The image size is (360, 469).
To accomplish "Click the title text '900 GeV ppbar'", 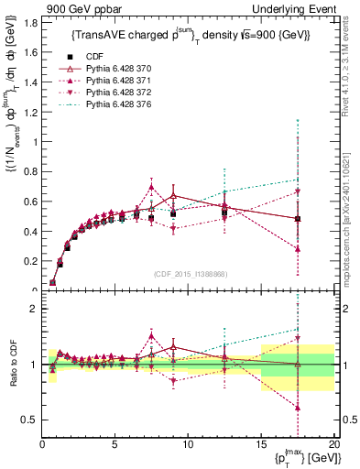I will pyautogui.click(x=76, y=8).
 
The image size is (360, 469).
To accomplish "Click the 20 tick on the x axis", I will pyautogui.click(x=333, y=444).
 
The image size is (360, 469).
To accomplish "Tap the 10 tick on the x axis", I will pyautogui.click(x=188, y=444).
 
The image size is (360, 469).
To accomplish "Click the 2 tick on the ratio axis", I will pyautogui.click(x=33, y=309).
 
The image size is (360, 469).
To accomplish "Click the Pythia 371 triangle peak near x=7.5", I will pyautogui.click(x=152, y=187).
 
